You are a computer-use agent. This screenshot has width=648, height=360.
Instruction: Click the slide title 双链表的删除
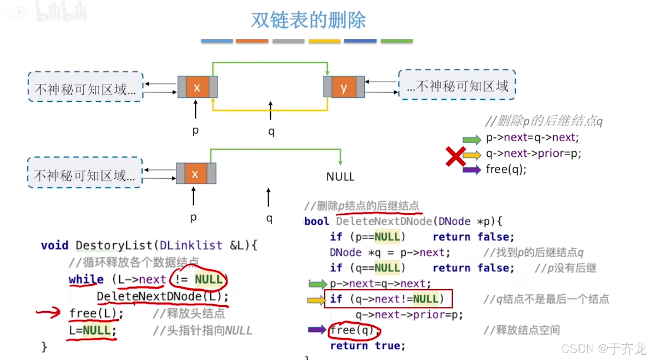[x=308, y=21]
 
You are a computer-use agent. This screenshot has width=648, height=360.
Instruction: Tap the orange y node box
[x=344, y=87]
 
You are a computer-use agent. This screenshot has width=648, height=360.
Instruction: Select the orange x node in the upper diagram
[x=197, y=87]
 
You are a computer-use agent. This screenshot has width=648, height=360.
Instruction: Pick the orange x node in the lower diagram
[x=195, y=174]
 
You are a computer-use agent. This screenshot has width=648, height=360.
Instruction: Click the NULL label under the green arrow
[x=340, y=177]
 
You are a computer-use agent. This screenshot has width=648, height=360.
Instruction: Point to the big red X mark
[x=455, y=156]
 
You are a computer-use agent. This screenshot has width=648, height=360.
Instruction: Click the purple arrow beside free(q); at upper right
[x=472, y=169]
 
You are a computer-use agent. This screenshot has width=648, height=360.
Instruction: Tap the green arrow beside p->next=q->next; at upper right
[x=472, y=140]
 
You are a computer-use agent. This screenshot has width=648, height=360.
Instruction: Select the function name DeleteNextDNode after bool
[x=384, y=221]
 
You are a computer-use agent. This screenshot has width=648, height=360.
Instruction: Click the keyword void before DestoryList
[x=55, y=245]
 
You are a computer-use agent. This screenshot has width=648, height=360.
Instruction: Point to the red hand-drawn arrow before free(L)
[x=49, y=312]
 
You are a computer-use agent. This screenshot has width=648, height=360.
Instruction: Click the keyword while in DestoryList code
[x=86, y=279]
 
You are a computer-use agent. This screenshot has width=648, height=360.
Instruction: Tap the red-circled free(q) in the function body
[x=354, y=330]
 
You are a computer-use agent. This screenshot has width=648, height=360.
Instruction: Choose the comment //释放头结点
[x=189, y=313]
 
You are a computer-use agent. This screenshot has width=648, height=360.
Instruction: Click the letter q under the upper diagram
[x=271, y=131]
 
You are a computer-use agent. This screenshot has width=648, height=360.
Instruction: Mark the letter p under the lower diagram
[x=194, y=217]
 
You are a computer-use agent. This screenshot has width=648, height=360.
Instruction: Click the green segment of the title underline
[x=397, y=41]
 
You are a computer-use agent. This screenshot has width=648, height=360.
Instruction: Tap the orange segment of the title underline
[x=252, y=41]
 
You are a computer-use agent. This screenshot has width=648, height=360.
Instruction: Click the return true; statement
[x=367, y=346]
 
